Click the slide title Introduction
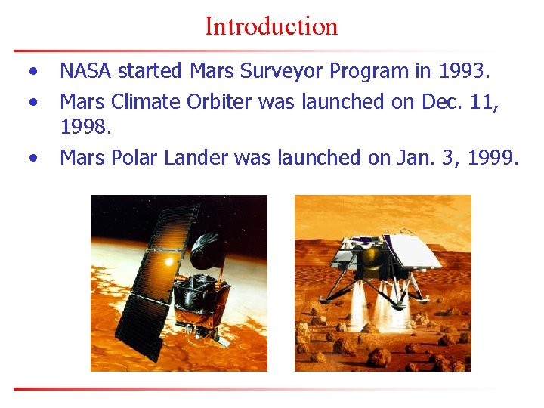click(x=271, y=26)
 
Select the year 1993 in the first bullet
click(x=462, y=72)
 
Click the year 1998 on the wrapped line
click(x=85, y=128)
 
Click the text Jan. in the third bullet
click(x=412, y=158)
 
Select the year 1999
click(x=492, y=158)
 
